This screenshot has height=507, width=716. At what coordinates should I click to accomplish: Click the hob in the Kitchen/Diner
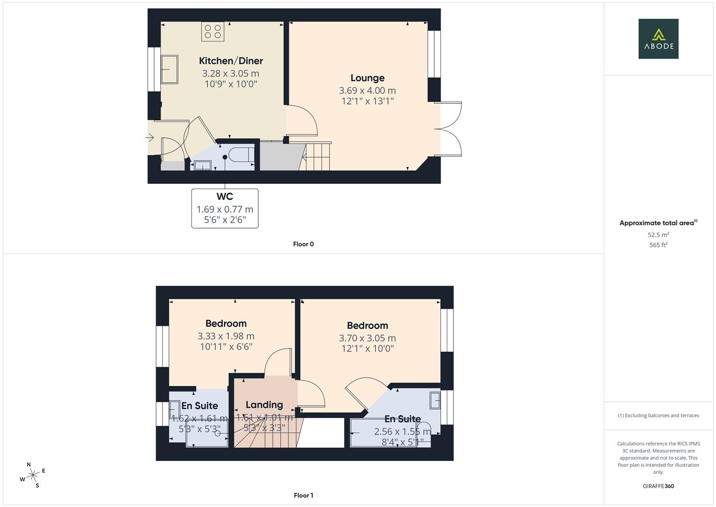pyautogui.click(x=212, y=31)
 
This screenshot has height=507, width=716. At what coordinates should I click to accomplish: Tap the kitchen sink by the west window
pyautogui.click(x=169, y=69)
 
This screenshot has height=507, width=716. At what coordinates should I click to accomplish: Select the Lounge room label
pyautogui.click(x=368, y=78)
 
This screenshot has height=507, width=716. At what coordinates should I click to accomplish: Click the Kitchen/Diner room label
pyautogui.click(x=231, y=61)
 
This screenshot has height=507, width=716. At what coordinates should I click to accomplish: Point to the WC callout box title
pyautogui.click(x=225, y=197)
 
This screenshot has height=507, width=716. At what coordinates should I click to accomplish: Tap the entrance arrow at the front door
pyautogui.click(x=150, y=138)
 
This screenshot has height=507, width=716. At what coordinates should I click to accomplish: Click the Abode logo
pyautogui.click(x=658, y=39)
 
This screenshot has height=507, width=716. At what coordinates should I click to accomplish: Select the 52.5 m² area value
pyautogui.click(x=658, y=235)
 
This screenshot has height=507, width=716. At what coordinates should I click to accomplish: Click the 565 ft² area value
pyautogui.click(x=658, y=245)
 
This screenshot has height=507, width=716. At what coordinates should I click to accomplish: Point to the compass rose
pyautogui.click(x=32, y=475)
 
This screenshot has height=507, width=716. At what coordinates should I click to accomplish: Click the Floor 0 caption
pyautogui.click(x=303, y=244)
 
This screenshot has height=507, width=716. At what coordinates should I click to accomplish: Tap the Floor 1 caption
pyautogui.click(x=303, y=495)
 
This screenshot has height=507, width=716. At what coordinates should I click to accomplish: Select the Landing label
pyautogui.click(x=264, y=405)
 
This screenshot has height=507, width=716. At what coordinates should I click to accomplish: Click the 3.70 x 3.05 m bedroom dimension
pyautogui.click(x=367, y=338)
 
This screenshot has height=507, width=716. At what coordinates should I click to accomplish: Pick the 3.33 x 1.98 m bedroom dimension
pyautogui.click(x=226, y=336)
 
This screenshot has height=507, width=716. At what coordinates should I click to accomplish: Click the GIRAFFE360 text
pyautogui.click(x=658, y=486)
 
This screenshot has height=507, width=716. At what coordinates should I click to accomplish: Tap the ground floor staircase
pyautogui.click(x=317, y=157)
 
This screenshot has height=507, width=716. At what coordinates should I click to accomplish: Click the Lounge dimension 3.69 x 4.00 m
pyautogui.click(x=368, y=91)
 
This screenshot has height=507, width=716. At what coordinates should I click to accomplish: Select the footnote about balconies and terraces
pyautogui.click(x=658, y=415)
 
